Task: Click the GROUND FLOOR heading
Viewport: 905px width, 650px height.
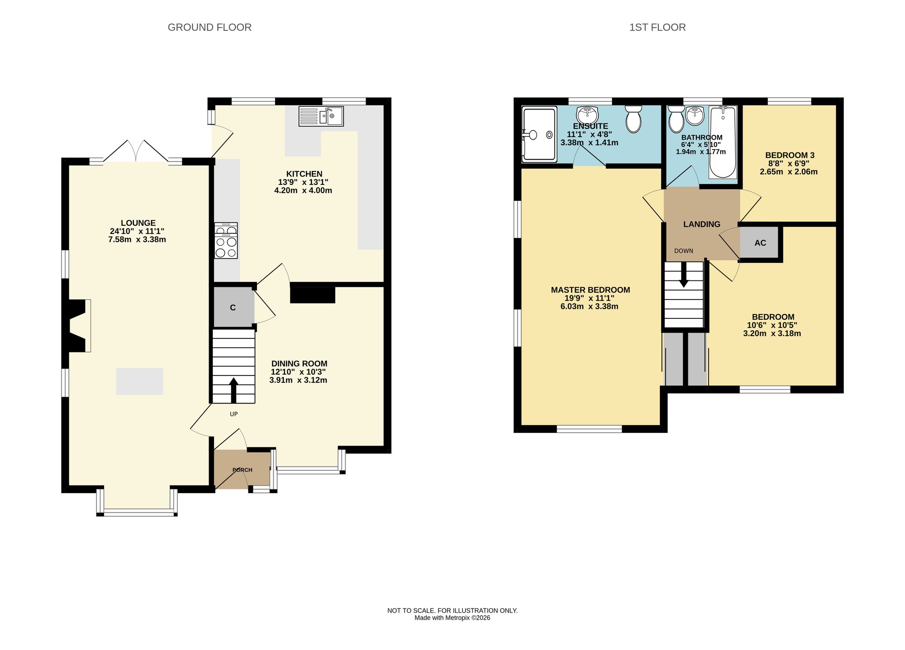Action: (210, 28)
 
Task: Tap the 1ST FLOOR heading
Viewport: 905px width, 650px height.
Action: (657, 28)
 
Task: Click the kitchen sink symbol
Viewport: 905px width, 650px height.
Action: (321, 116)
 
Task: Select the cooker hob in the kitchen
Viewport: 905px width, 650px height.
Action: (226, 241)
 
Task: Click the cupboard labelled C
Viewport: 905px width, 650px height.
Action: (233, 308)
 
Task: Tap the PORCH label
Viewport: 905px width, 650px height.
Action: (243, 470)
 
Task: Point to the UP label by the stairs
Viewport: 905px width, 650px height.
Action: (233, 414)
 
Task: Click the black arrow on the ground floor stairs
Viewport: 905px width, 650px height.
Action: (233, 390)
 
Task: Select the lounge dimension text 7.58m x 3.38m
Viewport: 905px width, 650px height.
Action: (137, 240)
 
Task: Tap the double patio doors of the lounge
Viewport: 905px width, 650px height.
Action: (136, 151)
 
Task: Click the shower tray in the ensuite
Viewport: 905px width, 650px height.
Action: (538, 134)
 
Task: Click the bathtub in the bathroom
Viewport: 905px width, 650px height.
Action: (723, 142)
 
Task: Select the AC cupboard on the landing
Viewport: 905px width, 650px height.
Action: (760, 243)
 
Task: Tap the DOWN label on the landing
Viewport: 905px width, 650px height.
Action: (683, 251)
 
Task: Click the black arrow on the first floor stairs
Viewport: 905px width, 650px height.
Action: (683, 275)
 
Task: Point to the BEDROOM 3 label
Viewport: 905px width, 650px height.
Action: (789, 155)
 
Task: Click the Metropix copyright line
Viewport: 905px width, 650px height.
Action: (452, 618)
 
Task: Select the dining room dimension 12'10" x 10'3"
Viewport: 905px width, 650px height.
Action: (298, 372)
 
